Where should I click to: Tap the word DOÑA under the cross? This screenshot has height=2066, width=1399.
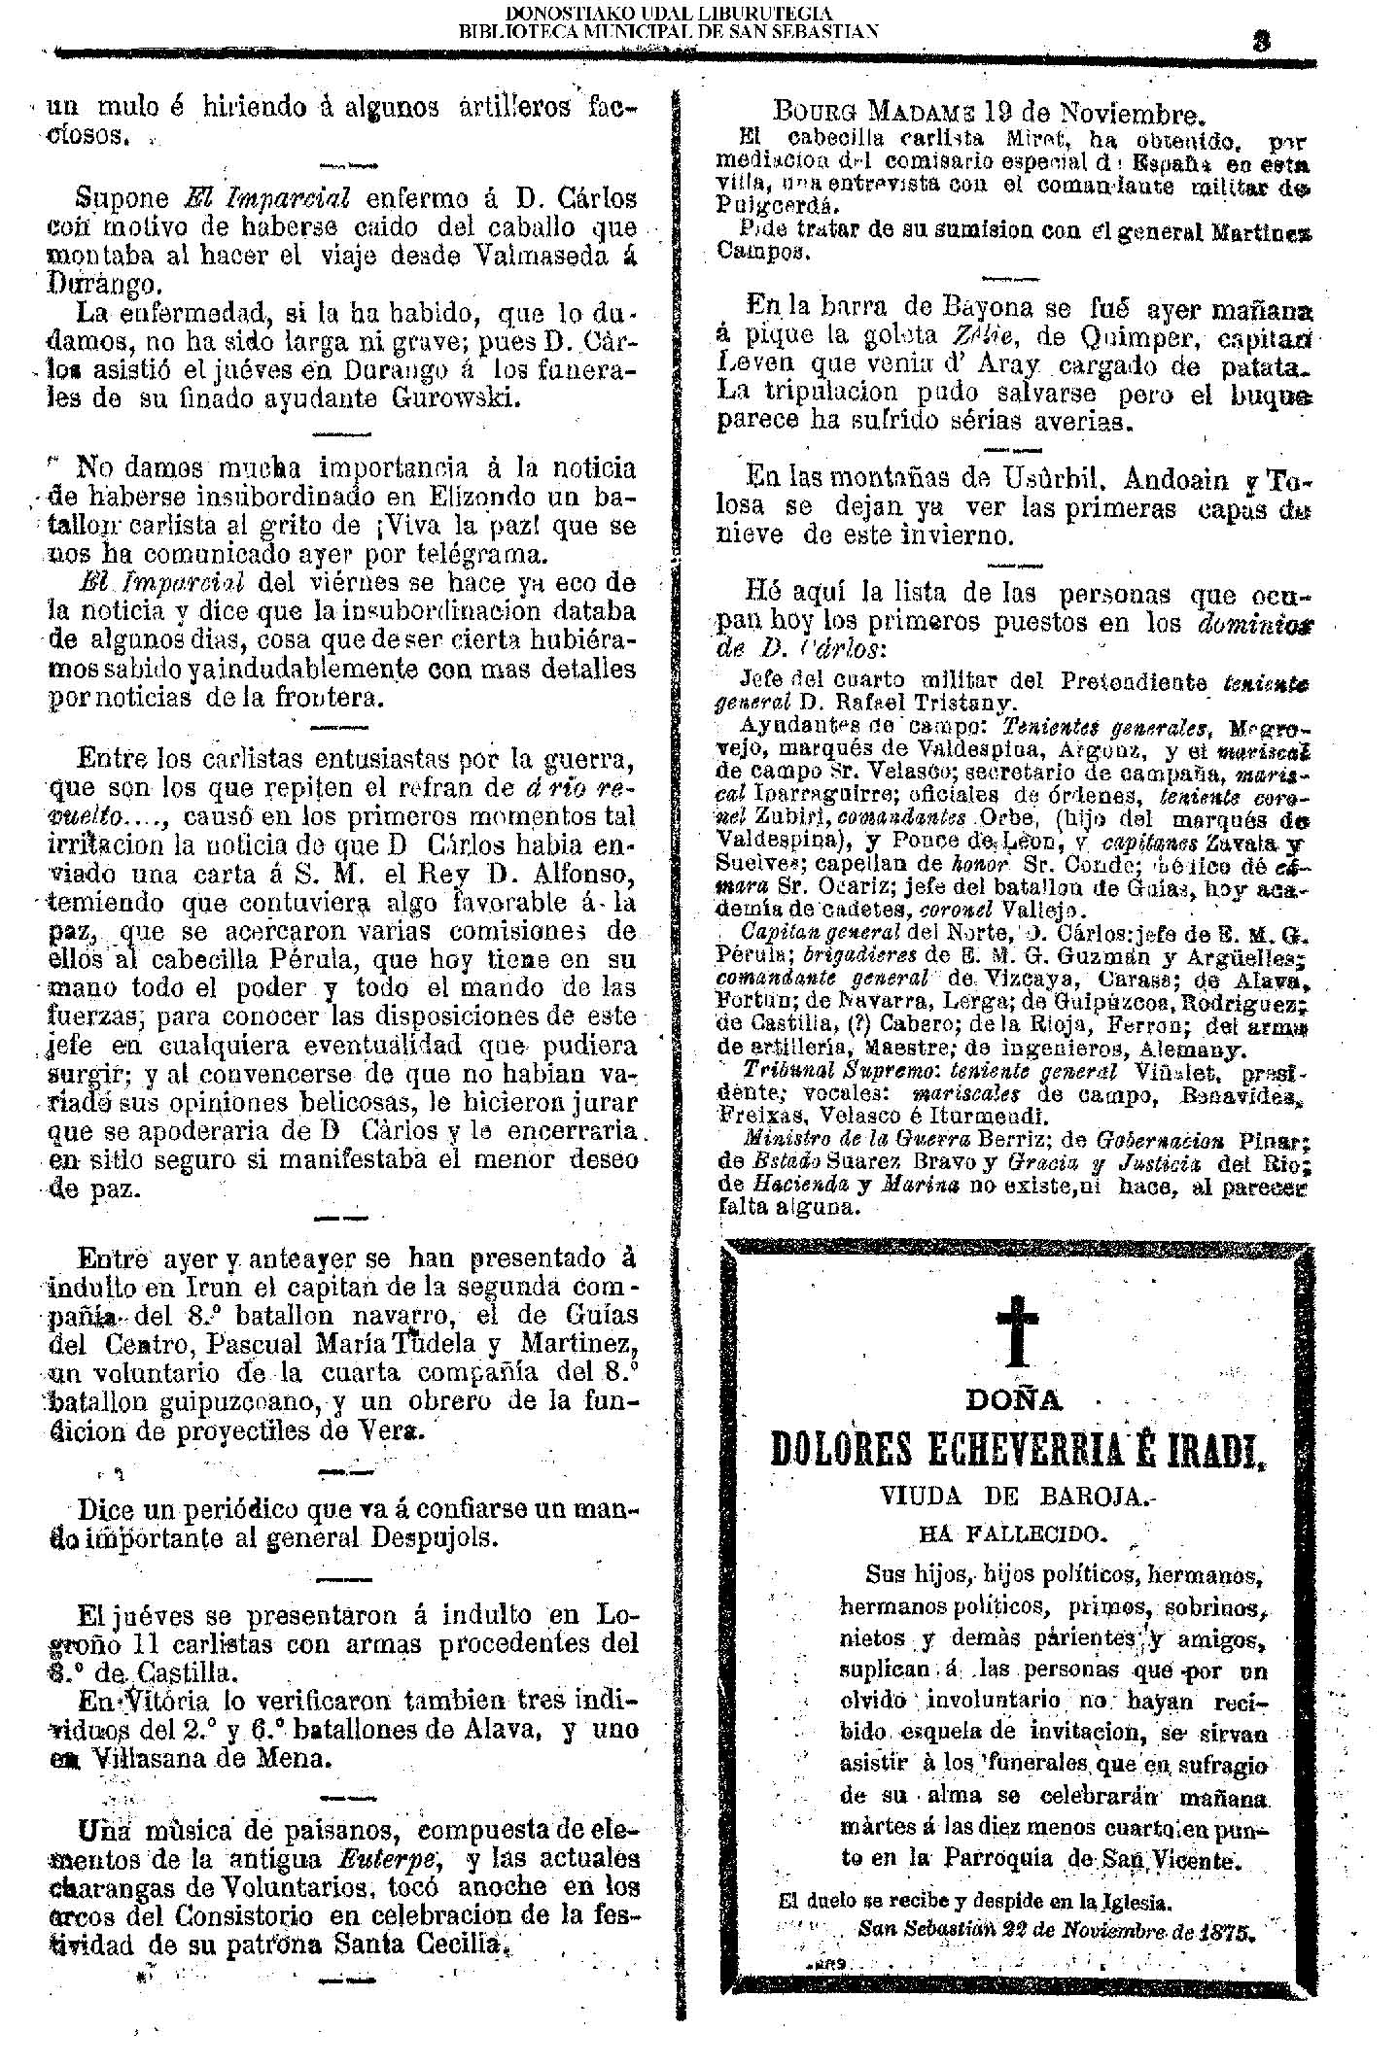(x=1015, y=1401)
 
